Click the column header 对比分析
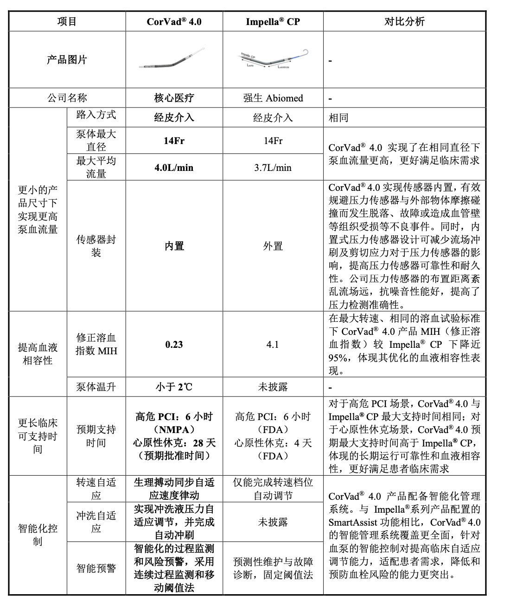coord(404,21)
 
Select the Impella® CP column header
coord(273,21)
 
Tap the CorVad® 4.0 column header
coord(174,21)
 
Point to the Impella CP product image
coord(273,59)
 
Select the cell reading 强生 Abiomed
coord(273,98)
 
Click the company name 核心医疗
coord(174,98)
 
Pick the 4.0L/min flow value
coord(174,167)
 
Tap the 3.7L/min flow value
coord(273,167)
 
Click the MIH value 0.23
coord(174,344)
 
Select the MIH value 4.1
coord(273,344)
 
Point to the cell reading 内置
coord(174,246)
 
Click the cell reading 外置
coord(273,246)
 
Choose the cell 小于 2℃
coord(174,386)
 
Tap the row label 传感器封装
coord(96,246)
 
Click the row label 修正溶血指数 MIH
coord(96,344)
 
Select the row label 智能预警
coord(96,568)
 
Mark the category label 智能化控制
coord(38,534)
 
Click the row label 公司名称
coord(67,98)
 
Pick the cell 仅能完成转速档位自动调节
coord(273,489)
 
